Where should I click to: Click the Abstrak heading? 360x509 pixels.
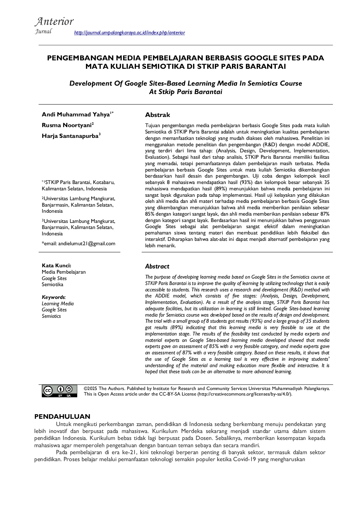pos(157,115)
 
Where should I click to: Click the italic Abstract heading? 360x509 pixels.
pos(157,266)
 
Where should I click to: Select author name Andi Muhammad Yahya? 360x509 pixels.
pos(75,114)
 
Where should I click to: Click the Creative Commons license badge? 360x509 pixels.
pos(60,391)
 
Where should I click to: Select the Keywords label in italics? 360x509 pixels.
pos(53,297)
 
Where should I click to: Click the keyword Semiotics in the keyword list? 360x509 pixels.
pos(51,316)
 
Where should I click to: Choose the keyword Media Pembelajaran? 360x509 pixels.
pos(64,272)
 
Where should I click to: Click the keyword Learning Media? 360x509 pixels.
pos(58,304)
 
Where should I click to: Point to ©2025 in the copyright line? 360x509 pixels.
pos(90,389)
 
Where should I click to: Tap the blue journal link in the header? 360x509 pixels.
pos(129,33)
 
